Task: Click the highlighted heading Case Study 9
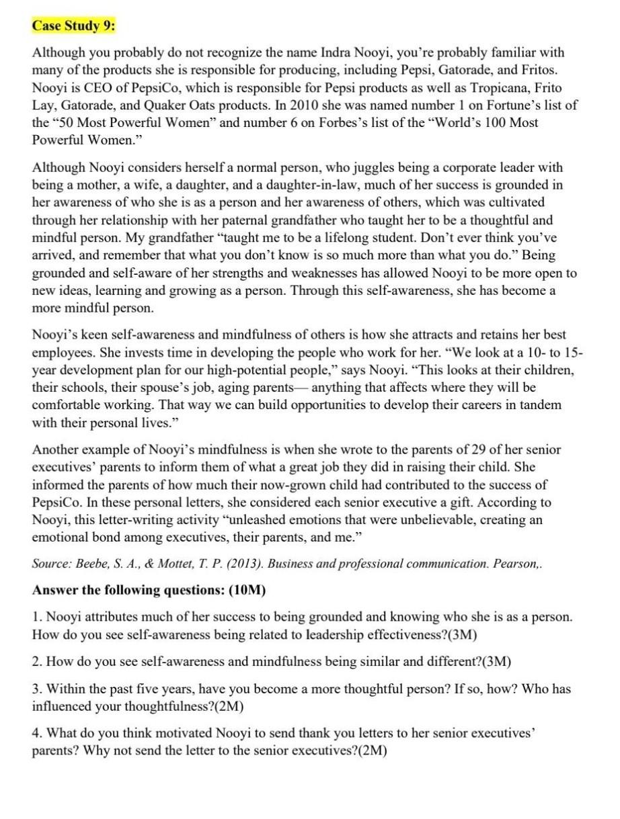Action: [x=74, y=26]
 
